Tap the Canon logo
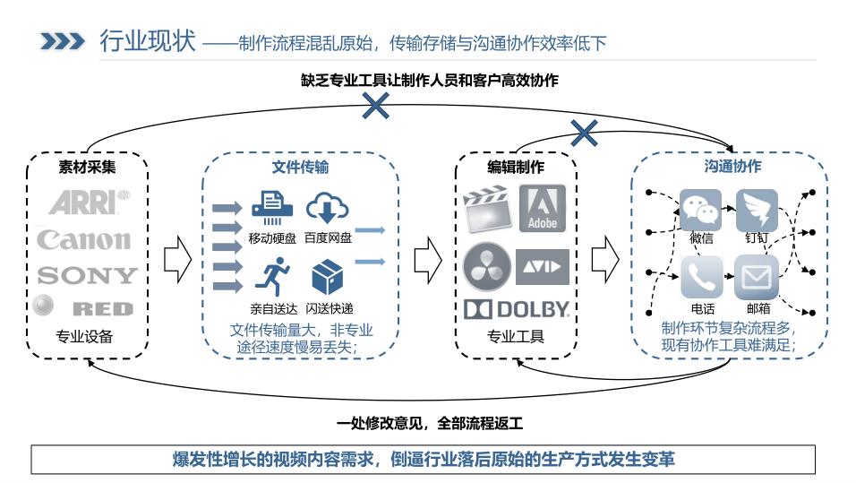(84, 239)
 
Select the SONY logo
(86, 275)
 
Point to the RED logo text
(102, 309)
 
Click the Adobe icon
(543, 209)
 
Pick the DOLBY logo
(517, 309)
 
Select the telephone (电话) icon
(701, 277)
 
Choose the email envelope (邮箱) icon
(757, 278)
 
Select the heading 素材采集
(86, 167)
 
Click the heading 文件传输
(300, 168)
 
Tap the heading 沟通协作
(732, 167)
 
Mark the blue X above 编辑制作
(584, 134)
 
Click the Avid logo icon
(543, 267)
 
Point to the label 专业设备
(86, 337)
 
